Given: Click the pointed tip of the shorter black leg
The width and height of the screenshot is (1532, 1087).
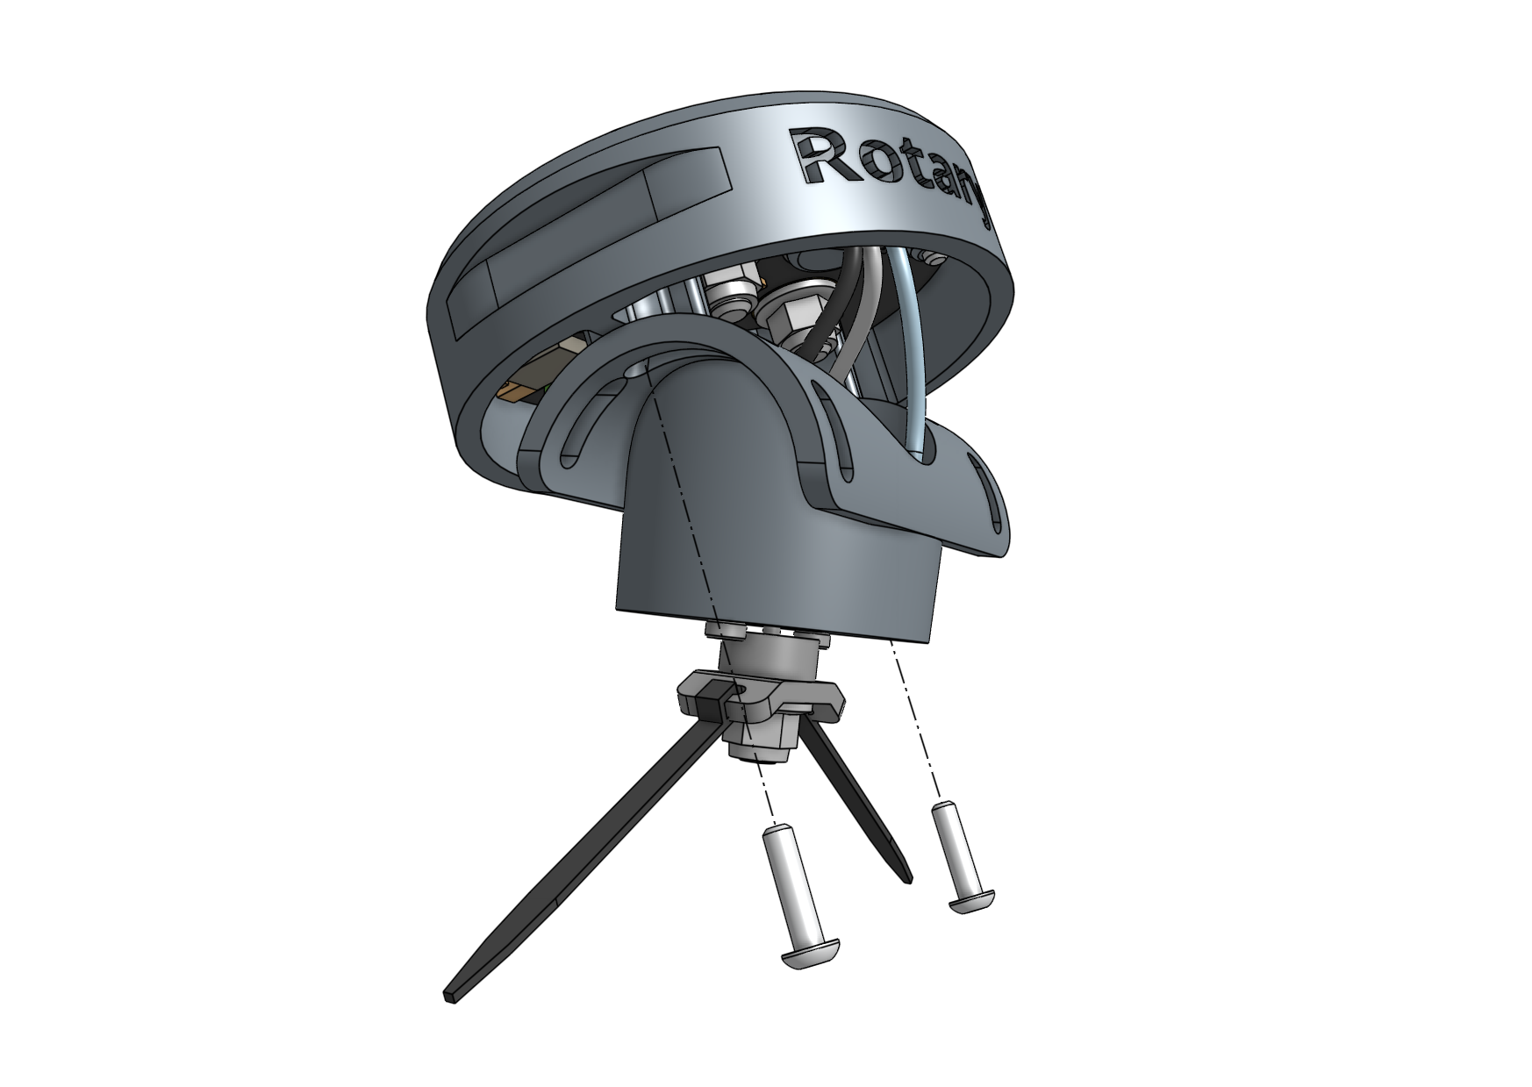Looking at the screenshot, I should tap(906, 874).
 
